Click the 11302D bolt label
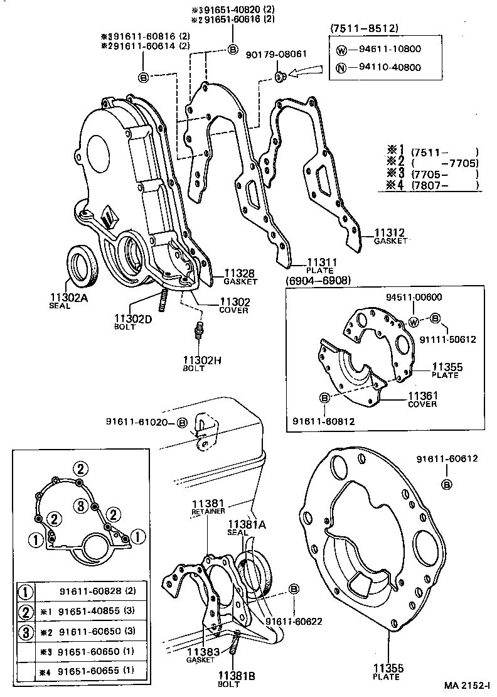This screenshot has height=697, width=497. [132, 318]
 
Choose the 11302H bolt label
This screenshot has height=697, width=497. [199, 359]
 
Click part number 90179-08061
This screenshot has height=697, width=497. [276, 54]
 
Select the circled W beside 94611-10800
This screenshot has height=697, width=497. [341, 48]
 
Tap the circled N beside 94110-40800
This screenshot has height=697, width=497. [341, 68]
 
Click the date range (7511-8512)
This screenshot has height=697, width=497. [364, 29]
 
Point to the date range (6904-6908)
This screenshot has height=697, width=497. [318, 280]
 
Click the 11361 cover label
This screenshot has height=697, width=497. [422, 396]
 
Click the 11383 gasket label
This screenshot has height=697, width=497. [201, 652]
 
